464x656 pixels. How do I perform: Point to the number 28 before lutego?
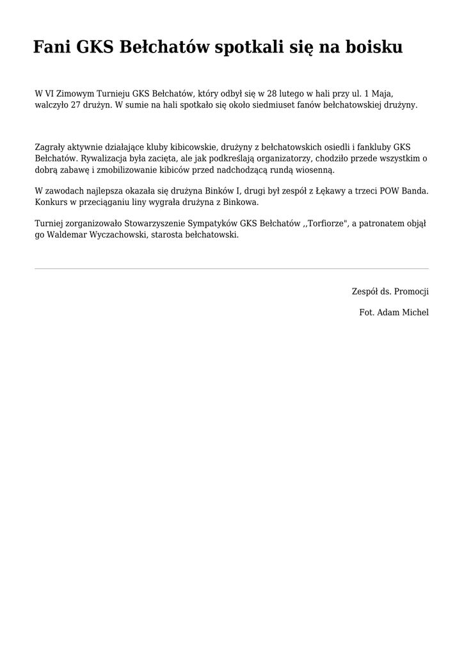point(273,94)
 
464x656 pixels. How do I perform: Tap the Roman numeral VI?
point(51,94)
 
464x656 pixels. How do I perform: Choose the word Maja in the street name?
point(383,94)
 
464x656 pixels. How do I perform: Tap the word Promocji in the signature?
point(412,291)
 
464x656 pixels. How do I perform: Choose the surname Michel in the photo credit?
point(415,313)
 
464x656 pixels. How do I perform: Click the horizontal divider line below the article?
point(232,268)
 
